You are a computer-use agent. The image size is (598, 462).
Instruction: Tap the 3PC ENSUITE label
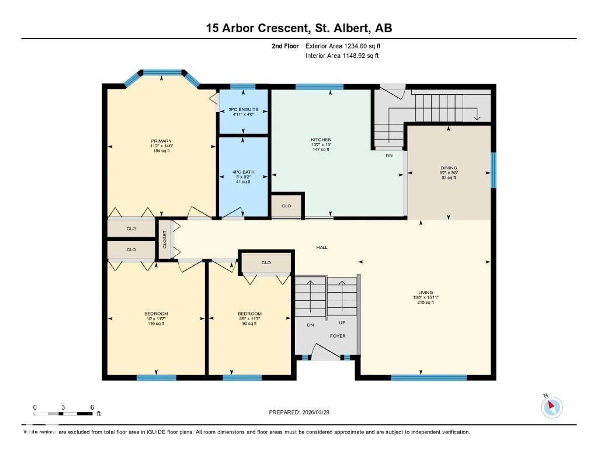243,110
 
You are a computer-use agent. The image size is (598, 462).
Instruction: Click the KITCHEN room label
321,140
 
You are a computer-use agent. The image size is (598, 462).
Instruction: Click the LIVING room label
425,293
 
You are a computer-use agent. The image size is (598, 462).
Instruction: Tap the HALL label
322,247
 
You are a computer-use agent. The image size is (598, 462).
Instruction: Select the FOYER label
338,336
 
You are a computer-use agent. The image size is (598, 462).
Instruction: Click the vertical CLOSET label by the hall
165,239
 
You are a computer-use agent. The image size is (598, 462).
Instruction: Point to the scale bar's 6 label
92,407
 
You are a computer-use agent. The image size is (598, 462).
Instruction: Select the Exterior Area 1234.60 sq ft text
343,46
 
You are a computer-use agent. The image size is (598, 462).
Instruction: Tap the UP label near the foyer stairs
342,323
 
